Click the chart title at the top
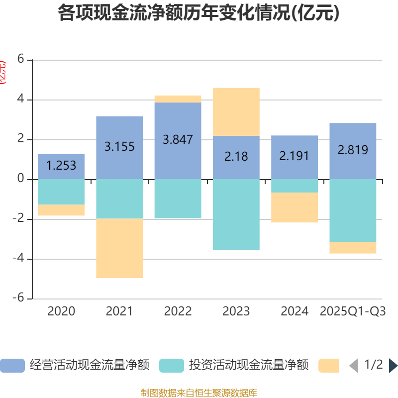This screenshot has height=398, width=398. coord(199,13)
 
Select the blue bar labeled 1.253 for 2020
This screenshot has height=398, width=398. coord(61,166)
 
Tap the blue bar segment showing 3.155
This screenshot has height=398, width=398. coord(119,147)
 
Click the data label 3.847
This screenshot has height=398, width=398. coord(178,139)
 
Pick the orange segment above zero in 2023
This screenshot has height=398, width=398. coord(236,111)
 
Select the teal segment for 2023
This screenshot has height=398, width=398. coord(236,214)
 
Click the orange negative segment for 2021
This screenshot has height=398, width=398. coord(119,249)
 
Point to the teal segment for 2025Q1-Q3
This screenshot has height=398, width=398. coord(353,210)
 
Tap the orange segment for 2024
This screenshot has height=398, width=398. coord(295,207)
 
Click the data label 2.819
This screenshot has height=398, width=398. coord(353,150)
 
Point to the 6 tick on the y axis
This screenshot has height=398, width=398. coord(20,59)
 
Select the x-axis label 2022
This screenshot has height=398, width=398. coord(178,311)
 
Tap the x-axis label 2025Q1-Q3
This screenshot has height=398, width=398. coord(353,311)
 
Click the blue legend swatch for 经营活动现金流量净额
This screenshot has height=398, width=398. coord(12,366)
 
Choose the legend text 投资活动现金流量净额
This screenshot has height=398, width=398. coord(249,366)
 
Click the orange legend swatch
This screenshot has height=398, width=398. coord(329,366)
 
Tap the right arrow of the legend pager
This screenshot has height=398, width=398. coord(393,366)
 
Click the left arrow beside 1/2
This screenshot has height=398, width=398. coord(354,366)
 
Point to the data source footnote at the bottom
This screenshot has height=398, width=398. coord(199,393)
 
